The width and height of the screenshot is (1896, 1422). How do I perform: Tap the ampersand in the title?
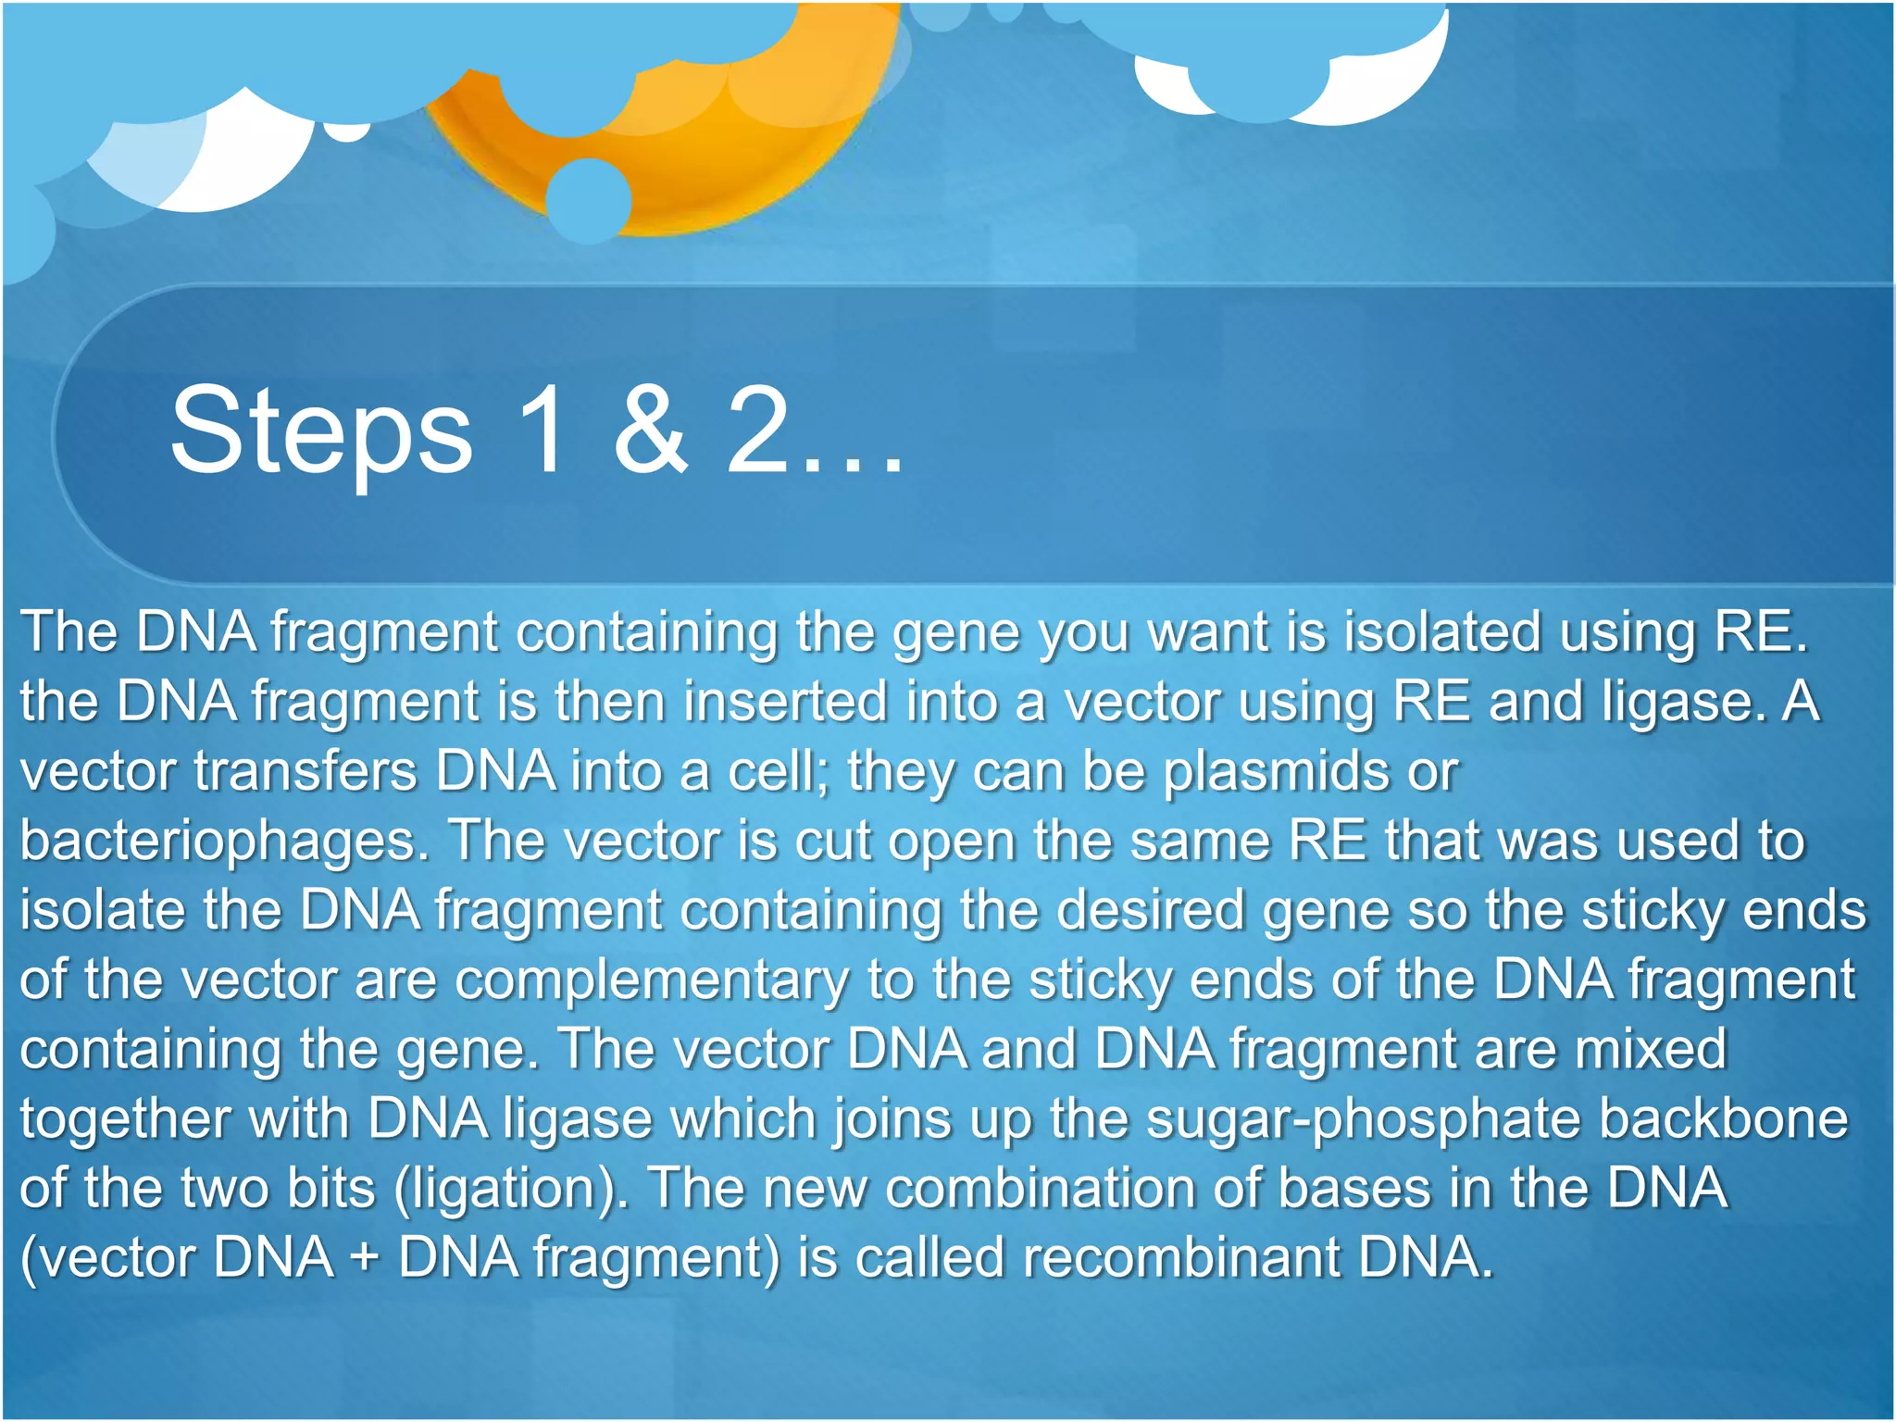tap(651, 430)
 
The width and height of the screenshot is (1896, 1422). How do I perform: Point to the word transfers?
tap(306, 771)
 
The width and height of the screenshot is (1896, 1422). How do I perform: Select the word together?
tap(125, 1119)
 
